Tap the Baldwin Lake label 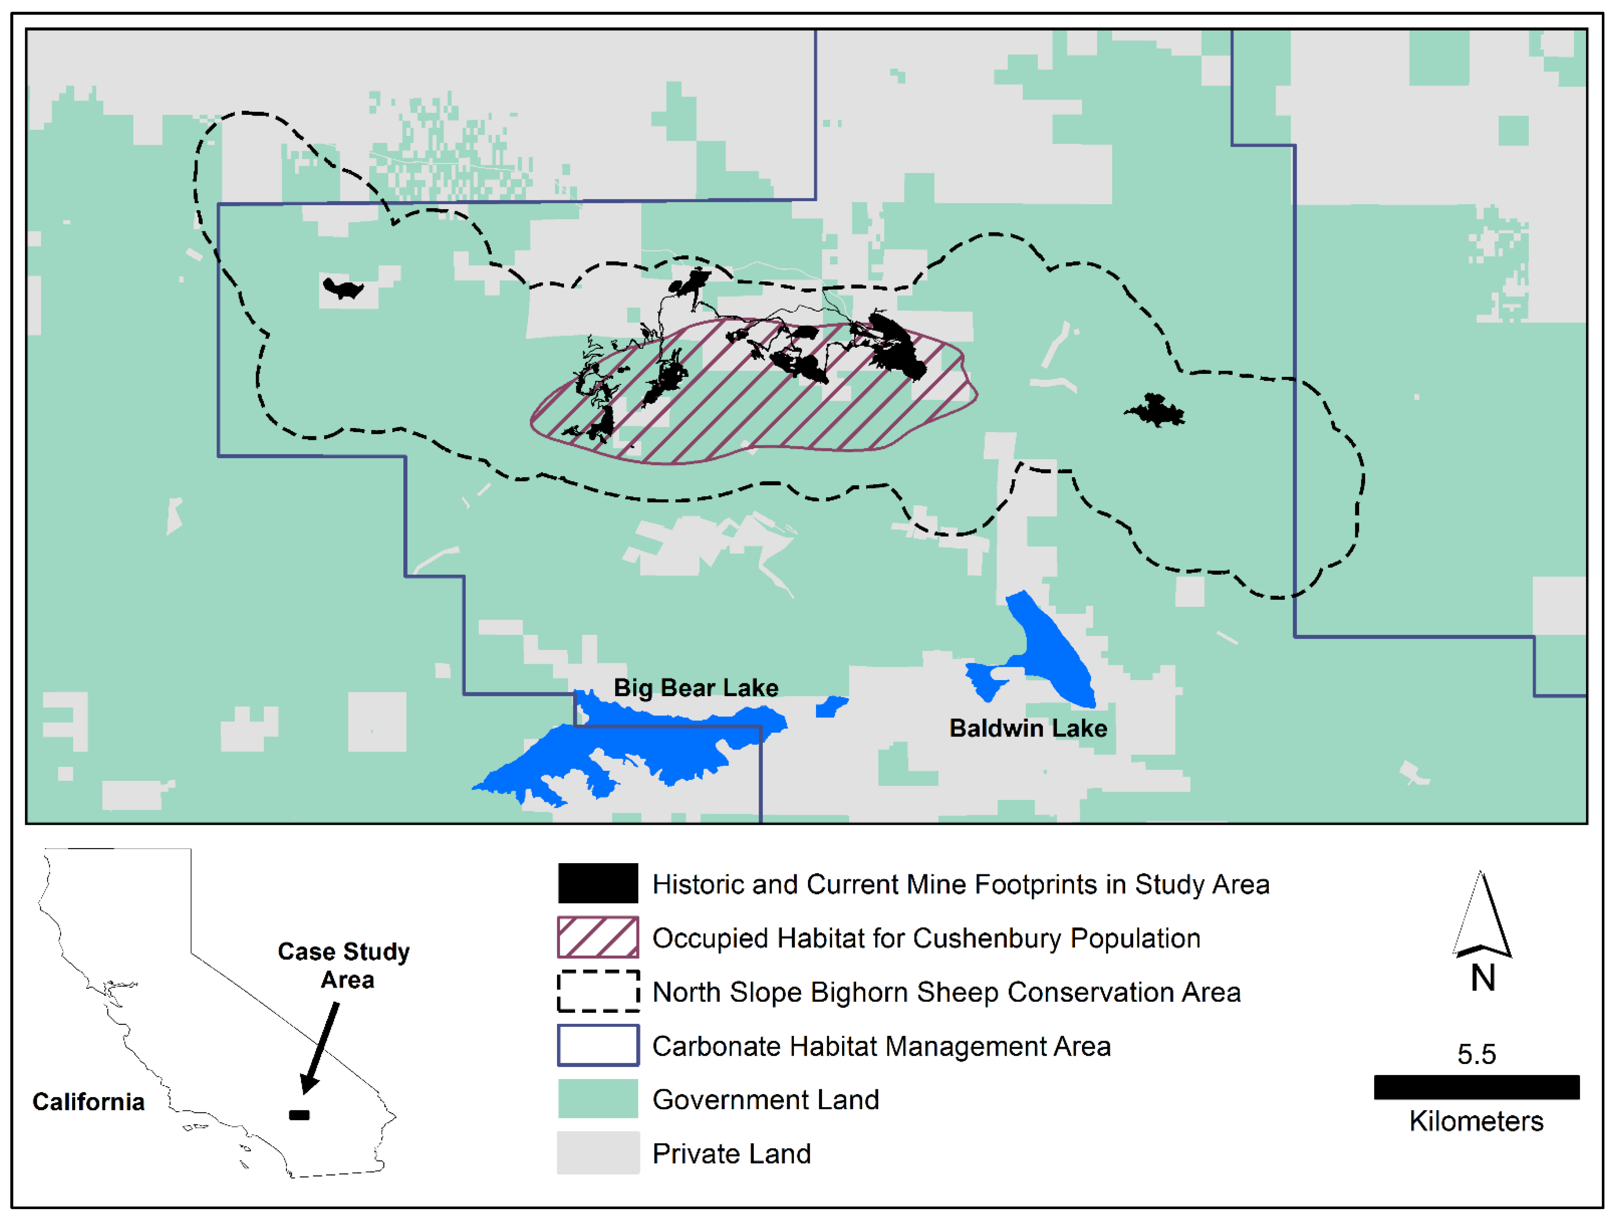pos(1028,728)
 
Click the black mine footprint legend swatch pos(598,883)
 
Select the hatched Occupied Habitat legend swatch pos(598,938)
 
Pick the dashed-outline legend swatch pos(598,991)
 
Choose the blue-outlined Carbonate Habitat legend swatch pos(598,1046)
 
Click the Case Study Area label pos(344,965)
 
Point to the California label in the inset pos(88,1102)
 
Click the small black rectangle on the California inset pos(299,1115)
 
